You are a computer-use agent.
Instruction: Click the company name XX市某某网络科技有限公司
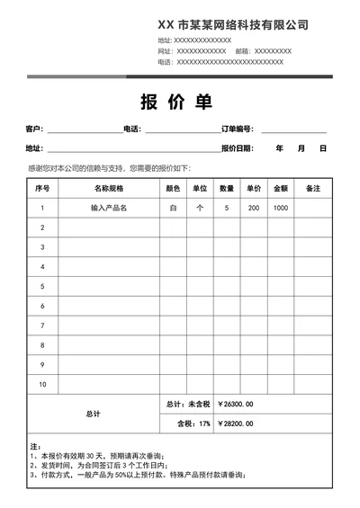232,25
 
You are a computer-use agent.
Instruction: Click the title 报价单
176,102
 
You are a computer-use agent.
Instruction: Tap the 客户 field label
34,129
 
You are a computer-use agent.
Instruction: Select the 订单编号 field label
238,129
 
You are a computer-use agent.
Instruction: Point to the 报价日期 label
238,148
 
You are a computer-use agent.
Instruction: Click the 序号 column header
42,189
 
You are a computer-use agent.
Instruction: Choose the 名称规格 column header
109,189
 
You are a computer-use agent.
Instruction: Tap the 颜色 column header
174,189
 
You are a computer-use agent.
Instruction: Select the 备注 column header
313,189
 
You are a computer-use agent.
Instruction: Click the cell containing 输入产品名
109,208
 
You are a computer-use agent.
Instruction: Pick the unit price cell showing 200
254,208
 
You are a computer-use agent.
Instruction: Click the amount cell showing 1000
281,208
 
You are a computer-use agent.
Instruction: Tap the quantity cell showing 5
227,208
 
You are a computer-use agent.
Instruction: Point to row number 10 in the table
42,385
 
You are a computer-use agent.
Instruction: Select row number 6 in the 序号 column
42,307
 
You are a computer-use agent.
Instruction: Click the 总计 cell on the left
94,414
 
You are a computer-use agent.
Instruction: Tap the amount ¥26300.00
236,404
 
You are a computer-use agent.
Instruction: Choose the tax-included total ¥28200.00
236,423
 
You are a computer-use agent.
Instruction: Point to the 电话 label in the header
164,62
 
